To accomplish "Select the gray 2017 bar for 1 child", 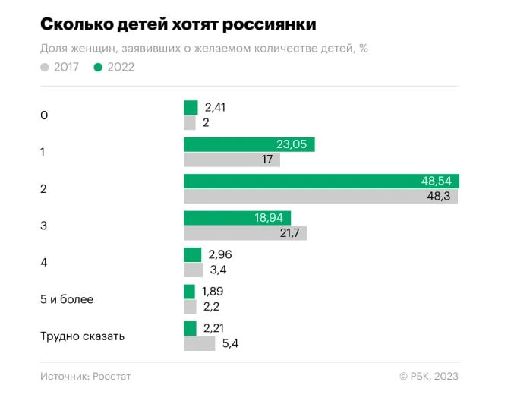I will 232,159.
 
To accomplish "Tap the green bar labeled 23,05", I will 249,145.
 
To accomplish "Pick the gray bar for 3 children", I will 245,233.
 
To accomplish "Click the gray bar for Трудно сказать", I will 200,343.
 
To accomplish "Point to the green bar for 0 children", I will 191,108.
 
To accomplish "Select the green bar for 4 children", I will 193,255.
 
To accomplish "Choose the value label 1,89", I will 213,292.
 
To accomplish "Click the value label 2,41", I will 215,108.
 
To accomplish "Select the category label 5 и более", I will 67,299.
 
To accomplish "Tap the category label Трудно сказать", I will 82,336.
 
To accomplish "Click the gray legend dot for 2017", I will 45,67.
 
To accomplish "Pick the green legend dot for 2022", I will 98,67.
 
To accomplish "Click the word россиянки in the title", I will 270,24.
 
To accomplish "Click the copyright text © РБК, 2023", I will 428,376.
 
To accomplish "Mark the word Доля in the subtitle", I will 55,49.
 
